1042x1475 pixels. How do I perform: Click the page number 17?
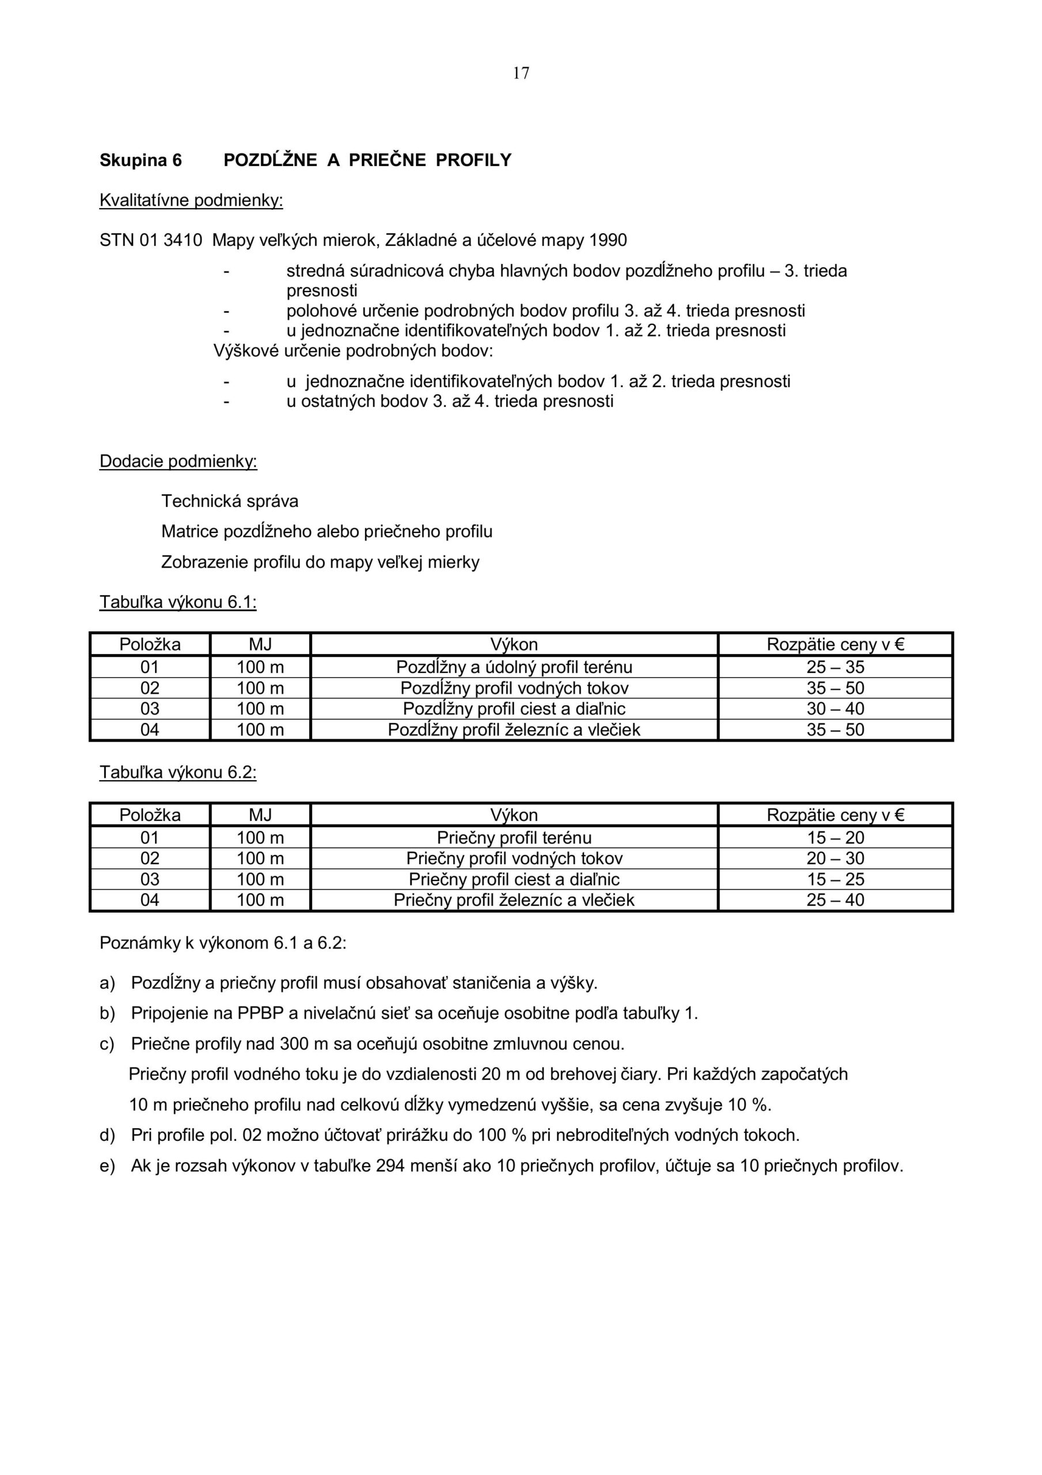click(x=521, y=73)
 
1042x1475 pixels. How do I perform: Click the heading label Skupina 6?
click(x=141, y=160)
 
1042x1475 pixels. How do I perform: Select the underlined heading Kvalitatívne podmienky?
click(x=191, y=201)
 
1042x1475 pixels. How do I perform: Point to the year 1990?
click(x=607, y=240)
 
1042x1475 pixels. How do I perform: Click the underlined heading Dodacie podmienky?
click(x=178, y=462)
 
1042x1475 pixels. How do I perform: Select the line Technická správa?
click(x=229, y=501)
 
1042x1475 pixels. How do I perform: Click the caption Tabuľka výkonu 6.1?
click(x=178, y=602)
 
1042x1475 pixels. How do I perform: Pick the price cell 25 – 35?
click(x=835, y=667)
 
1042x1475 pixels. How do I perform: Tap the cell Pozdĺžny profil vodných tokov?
click(x=514, y=688)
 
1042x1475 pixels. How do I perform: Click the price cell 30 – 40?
click(x=835, y=709)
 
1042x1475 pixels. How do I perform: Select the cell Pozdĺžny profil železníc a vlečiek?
click(x=514, y=730)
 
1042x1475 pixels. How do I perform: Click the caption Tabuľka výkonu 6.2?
click(x=178, y=772)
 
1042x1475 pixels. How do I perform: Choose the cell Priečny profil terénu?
click(x=514, y=838)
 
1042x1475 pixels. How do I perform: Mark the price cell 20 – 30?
click(x=835, y=858)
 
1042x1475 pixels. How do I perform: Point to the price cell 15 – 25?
click(x=835, y=879)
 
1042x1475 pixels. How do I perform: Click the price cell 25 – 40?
click(x=835, y=899)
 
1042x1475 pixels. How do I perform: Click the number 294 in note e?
click(x=389, y=1166)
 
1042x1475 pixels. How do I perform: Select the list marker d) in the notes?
click(x=107, y=1135)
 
